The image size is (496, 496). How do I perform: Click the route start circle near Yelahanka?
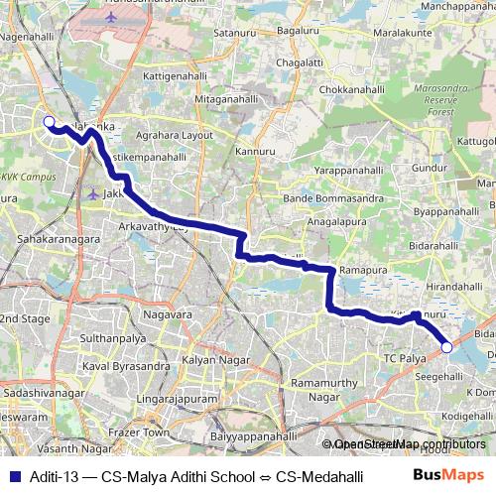click(48, 122)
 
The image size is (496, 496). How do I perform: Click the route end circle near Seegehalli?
click(447, 347)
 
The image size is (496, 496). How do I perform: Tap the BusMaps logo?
click(449, 475)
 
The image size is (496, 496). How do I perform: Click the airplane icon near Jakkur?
click(92, 193)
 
